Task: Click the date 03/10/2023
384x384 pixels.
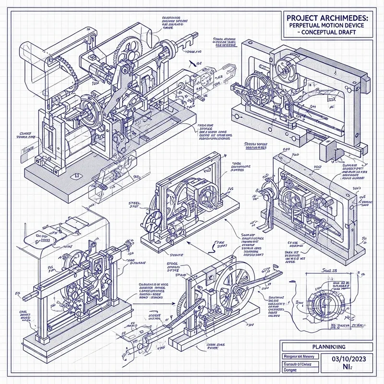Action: tap(345, 359)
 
